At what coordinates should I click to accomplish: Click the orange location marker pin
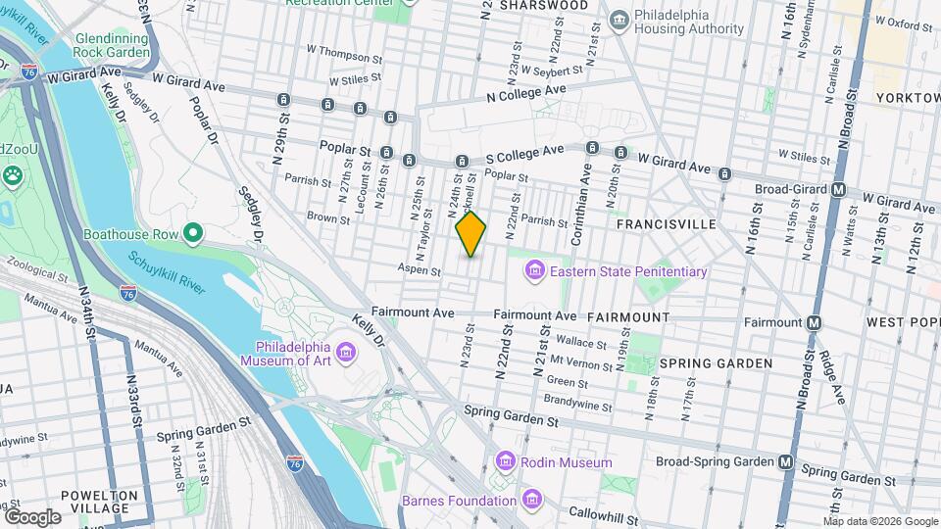(x=470, y=234)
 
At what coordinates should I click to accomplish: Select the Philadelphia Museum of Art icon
(x=344, y=353)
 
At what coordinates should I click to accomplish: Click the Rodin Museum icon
(x=506, y=461)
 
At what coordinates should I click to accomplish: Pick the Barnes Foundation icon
(x=531, y=501)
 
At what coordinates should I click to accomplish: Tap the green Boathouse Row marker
(x=193, y=234)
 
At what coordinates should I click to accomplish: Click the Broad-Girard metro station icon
(x=838, y=190)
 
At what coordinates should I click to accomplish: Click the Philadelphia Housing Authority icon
(x=619, y=20)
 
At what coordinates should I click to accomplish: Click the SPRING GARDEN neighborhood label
(x=716, y=363)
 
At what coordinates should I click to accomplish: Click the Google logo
(x=32, y=516)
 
